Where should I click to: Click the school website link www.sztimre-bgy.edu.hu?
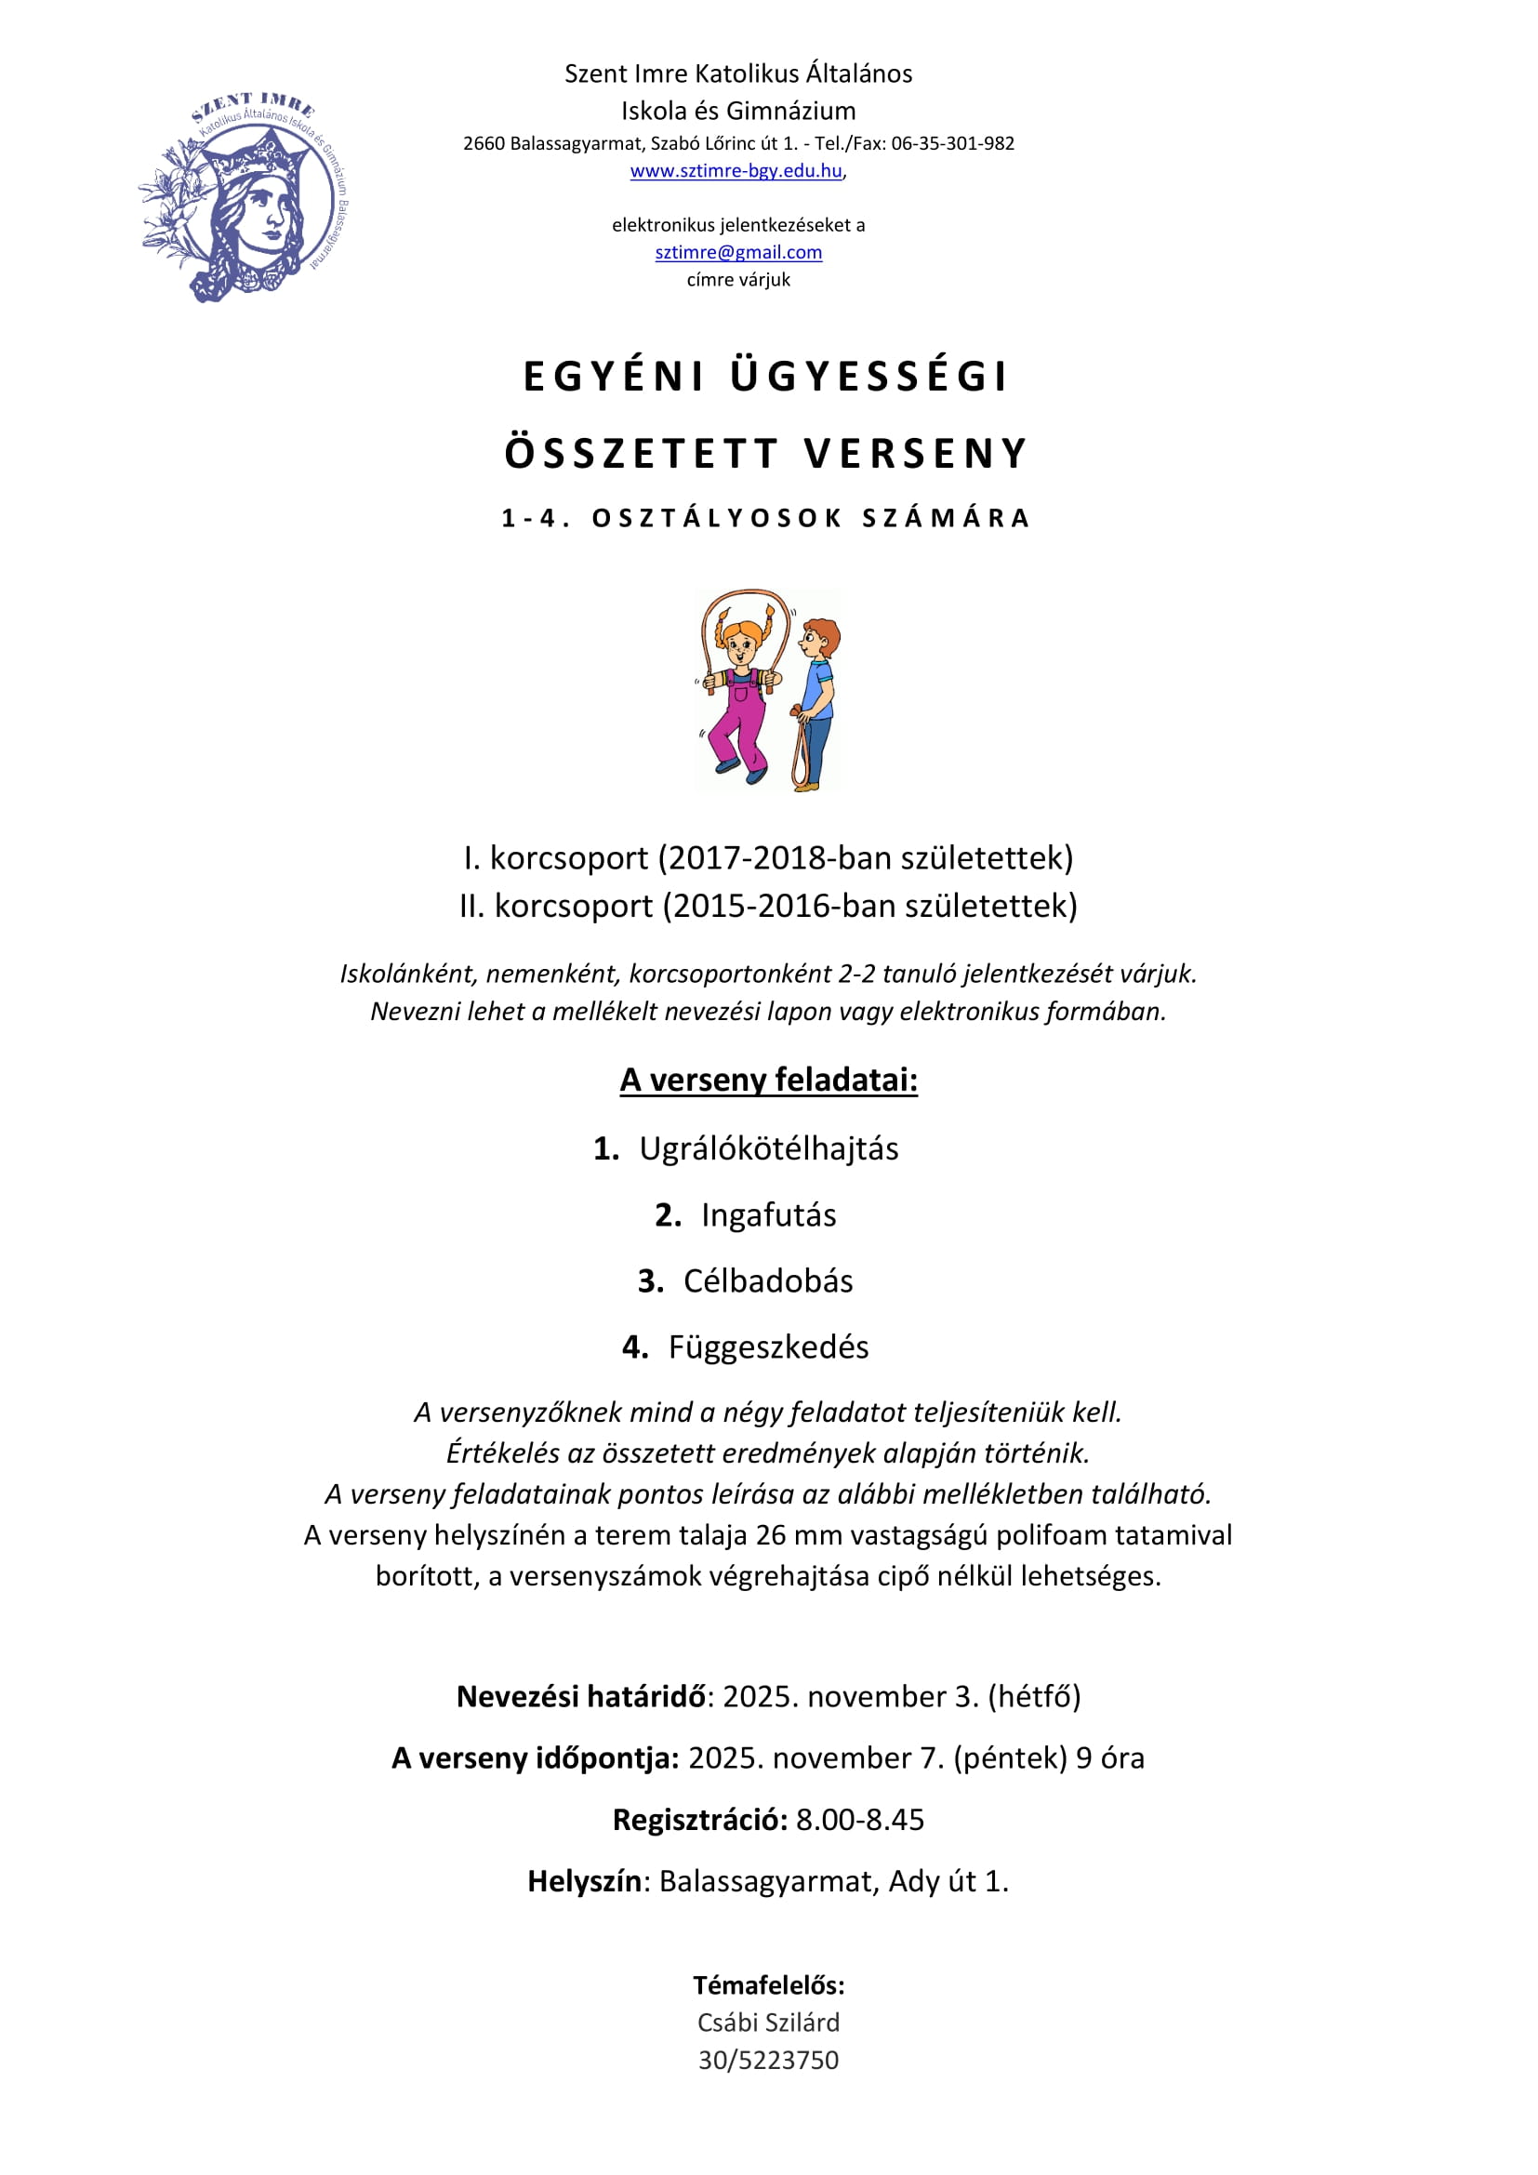[736, 170]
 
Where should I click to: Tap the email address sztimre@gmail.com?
[737, 252]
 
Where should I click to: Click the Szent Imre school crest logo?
[243, 197]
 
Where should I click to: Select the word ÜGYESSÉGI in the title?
[868, 376]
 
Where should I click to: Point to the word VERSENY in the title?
[916, 454]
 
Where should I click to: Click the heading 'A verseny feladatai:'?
[768, 1080]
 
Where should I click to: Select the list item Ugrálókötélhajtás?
[768, 1148]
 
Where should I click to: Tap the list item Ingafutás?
[768, 1214]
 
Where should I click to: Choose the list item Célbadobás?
[768, 1280]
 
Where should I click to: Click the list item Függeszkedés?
[768, 1347]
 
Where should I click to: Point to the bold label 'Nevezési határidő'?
[581, 1696]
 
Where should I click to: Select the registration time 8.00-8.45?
[859, 1819]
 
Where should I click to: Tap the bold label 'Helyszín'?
[584, 1880]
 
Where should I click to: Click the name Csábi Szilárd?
[768, 2022]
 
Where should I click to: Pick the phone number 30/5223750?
[768, 2061]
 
